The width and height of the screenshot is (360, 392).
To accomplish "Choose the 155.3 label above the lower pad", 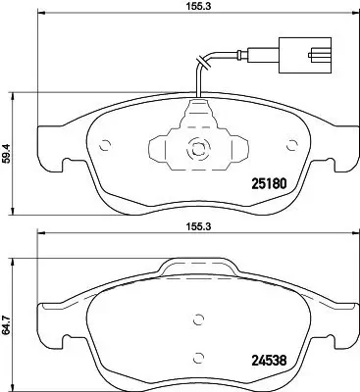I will pyautogui.click(x=201, y=223).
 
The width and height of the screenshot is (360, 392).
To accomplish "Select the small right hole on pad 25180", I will pyautogui.click(x=290, y=147).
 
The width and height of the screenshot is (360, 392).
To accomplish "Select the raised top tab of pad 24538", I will pyautogui.click(x=201, y=266).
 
